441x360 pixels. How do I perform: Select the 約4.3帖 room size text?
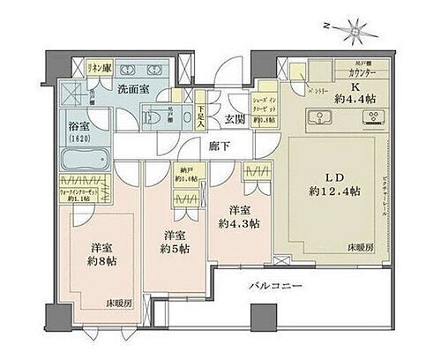tap(237, 223)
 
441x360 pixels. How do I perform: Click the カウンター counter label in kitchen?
tap(366, 71)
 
